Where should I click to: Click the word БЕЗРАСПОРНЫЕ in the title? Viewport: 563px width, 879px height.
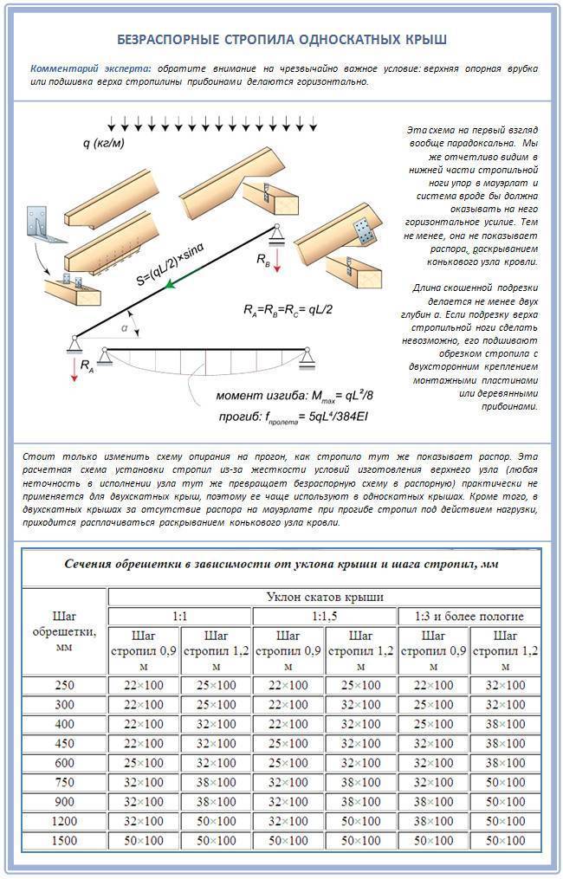[165, 40]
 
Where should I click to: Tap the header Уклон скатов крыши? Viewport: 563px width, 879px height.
[324, 597]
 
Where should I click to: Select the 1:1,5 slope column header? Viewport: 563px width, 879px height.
[324, 617]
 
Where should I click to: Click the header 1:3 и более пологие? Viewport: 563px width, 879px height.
[469, 617]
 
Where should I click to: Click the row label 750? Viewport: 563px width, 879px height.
[63, 782]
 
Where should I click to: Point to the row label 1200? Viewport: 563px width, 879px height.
[63, 821]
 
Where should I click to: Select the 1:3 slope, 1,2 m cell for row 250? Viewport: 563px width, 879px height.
[504, 685]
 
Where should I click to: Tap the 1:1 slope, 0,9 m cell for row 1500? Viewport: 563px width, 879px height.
[143, 841]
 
